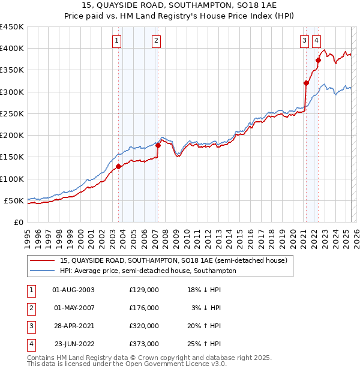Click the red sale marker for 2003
[x=119, y=167]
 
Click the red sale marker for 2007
[x=158, y=145]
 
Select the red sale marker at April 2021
[x=306, y=83]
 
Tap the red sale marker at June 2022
[x=318, y=60]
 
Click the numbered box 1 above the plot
[x=116, y=41]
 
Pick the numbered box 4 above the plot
[x=316, y=41]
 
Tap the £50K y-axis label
[x=14, y=201]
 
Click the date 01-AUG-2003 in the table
[x=74, y=290]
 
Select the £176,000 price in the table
[x=144, y=308]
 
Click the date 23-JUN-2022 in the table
[x=74, y=344]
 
